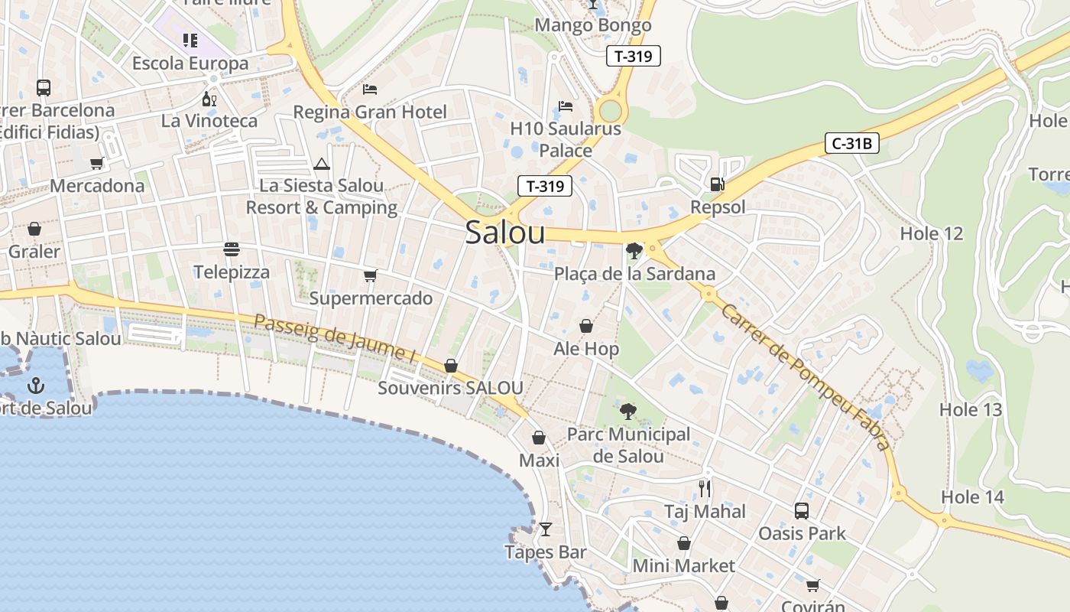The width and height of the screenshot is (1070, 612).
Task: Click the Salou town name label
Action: [505, 233]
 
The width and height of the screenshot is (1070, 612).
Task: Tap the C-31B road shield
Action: [851, 142]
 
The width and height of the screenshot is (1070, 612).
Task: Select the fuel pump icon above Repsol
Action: [717, 184]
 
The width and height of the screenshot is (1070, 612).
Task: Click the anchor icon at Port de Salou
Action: [35, 385]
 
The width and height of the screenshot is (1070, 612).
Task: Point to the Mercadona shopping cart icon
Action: [97, 163]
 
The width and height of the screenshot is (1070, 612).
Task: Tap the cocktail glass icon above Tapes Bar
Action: [545, 529]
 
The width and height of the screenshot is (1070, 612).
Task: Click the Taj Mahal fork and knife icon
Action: [705, 488]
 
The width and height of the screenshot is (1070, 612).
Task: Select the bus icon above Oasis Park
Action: [801, 510]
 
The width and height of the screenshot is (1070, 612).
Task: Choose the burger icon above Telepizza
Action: [232, 249]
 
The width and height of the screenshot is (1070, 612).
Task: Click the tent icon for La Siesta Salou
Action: [321, 164]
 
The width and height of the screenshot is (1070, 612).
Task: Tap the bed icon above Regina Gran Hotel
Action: [370, 90]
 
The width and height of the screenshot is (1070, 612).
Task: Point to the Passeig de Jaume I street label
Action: [334, 337]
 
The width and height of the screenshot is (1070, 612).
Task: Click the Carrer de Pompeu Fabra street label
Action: [805, 376]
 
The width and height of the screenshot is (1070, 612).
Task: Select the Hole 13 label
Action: [970, 409]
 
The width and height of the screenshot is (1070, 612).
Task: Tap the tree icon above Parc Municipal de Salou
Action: [628, 412]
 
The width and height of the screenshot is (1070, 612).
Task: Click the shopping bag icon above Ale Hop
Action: [586, 327]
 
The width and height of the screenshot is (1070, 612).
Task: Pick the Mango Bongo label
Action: [592, 25]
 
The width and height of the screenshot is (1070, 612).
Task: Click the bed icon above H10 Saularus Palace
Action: [566, 106]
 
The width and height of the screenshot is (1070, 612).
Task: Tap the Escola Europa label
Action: [190, 63]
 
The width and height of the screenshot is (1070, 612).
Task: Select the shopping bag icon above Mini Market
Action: [684, 543]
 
